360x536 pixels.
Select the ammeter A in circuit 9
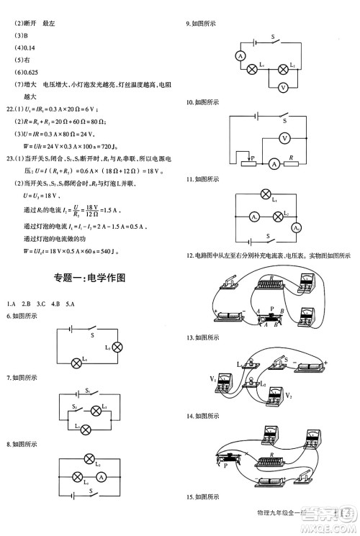pos(240,55)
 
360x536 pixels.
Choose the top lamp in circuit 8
pos(91,458)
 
